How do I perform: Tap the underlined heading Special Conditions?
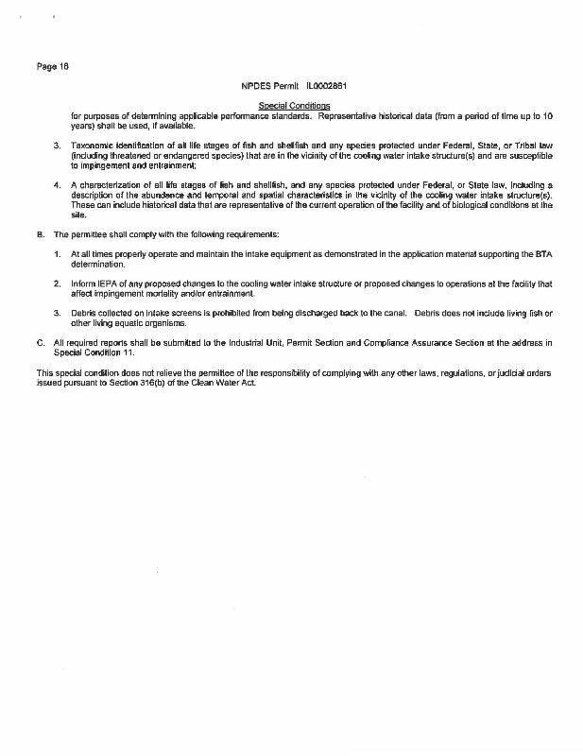(x=294, y=105)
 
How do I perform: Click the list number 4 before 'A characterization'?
(x=57, y=185)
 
